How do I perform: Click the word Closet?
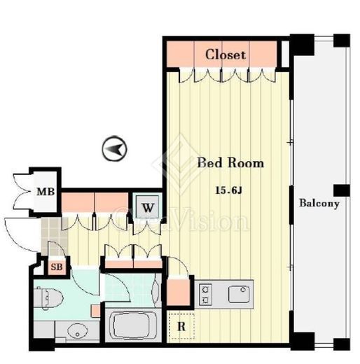226,55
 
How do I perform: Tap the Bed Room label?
230,162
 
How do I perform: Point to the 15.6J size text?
228,190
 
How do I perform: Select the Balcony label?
319,203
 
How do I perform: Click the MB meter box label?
46,192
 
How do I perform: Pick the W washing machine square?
148,206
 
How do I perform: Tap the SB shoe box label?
57,267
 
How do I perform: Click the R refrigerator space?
181,326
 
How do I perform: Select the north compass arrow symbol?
114,148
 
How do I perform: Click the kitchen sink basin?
239,295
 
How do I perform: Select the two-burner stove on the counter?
205,295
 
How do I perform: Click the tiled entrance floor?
54,236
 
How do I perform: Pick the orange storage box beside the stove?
179,292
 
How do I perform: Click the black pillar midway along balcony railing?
342,190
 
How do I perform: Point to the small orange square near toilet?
96,311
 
